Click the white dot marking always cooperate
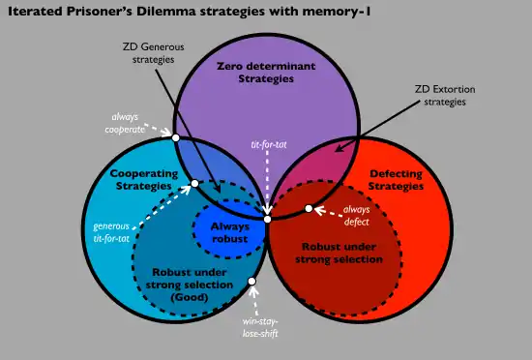pyautogui.click(x=175, y=137)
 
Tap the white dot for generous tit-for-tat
pyautogui.click(x=194, y=184)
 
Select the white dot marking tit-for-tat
pyautogui.click(x=267, y=219)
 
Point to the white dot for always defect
pyautogui.click(x=309, y=208)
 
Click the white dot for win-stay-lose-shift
pyautogui.click(x=251, y=282)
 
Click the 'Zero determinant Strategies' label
pyautogui.click(x=266, y=73)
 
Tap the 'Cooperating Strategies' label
pyautogui.click(x=144, y=180)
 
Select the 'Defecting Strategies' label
pyautogui.click(x=396, y=180)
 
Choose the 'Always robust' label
pyautogui.click(x=230, y=233)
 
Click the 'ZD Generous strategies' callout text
pyautogui.click(x=154, y=53)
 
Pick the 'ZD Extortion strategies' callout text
pyautogui.click(x=445, y=96)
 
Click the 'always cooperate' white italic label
pyautogui.click(x=125, y=123)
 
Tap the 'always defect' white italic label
pyautogui.click(x=356, y=216)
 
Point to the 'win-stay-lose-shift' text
pyautogui.click(x=260, y=327)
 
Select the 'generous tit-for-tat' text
pyautogui.click(x=111, y=232)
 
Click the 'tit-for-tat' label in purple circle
pyautogui.click(x=269, y=145)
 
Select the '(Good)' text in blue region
pyautogui.click(x=190, y=297)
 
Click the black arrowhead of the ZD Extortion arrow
pyautogui.click(x=339, y=148)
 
